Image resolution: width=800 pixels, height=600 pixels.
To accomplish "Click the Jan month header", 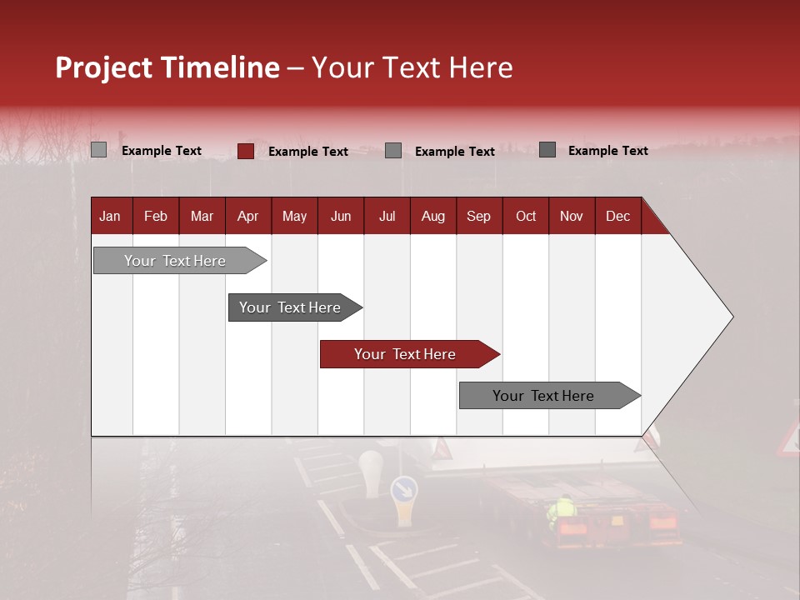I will tap(110, 216).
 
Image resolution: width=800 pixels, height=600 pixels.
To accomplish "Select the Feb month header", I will tap(156, 216).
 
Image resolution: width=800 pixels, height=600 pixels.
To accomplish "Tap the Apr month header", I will tap(247, 216).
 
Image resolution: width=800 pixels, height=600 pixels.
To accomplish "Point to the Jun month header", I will tap(341, 216).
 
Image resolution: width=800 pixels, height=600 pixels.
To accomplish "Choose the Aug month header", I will tap(432, 216).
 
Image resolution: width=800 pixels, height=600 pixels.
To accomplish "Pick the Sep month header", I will tap(478, 216).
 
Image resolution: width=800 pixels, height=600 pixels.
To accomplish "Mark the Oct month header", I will tap(526, 216).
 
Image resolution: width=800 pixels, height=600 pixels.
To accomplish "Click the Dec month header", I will tap(617, 216).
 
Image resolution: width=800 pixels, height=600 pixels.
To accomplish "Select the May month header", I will tap(294, 216).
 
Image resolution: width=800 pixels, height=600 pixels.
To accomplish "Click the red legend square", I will tap(245, 151).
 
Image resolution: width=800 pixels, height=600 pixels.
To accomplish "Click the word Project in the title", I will tap(104, 67).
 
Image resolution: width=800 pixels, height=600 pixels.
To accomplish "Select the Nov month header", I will tap(572, 216).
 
